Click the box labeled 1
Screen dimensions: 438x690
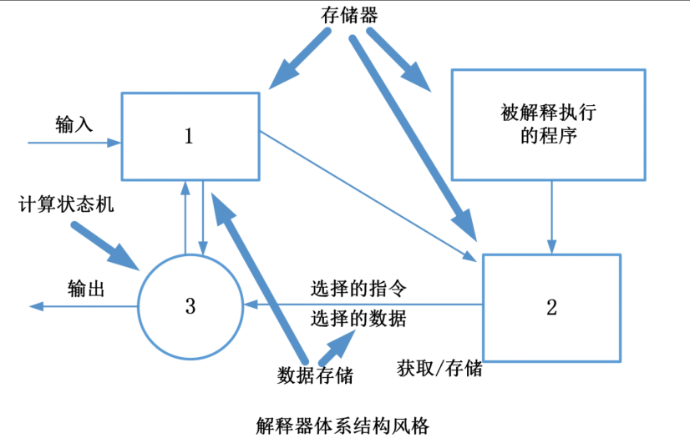click(190, 135)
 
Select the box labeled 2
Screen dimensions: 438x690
click(551, 307)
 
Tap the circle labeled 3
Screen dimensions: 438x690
click(190, 306)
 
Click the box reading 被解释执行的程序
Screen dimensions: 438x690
click(549, 123)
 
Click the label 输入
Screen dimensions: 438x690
click(74, 124)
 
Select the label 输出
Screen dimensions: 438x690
click(86, 289)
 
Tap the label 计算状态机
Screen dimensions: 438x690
click(65, 205)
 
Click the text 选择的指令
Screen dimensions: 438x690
click(358, 289)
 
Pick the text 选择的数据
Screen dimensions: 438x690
click(358, 318)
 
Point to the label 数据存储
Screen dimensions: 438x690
click(315, 375)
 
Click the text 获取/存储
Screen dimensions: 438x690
click(439, 368)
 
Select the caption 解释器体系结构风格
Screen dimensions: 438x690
click(342, 424)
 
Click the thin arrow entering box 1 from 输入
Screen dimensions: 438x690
click(75, 143)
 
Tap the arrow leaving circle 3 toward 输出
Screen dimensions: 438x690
click(84, 306)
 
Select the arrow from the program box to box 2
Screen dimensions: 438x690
click(550, 217)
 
